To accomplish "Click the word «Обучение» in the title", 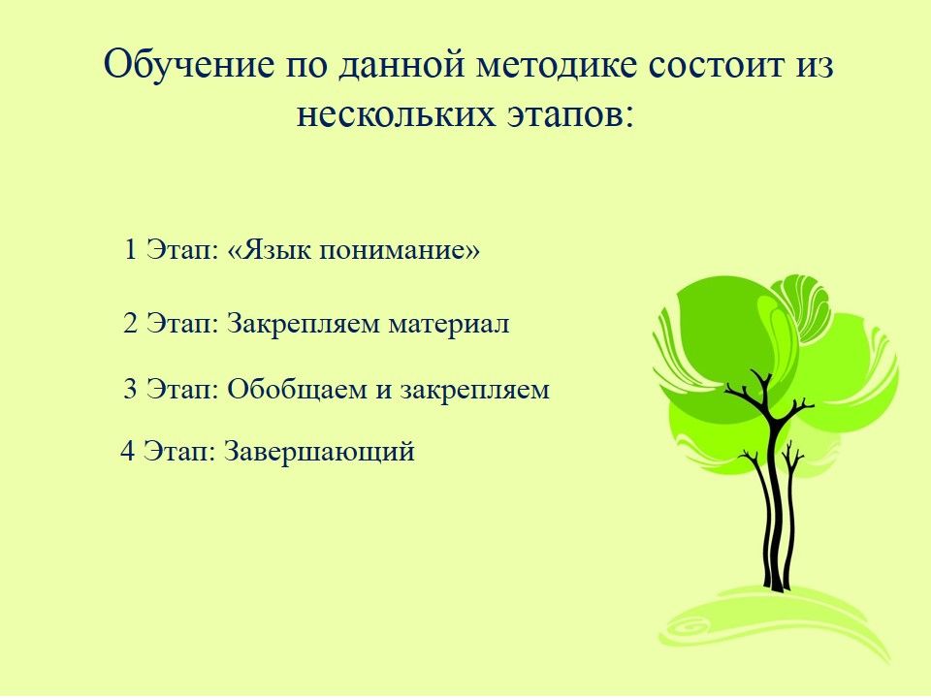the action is (x=189, y=64).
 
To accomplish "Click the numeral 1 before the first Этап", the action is (x=131, y=249).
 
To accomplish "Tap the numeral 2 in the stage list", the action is (x=131, y=324).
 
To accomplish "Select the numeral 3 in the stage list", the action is (x=131, y=389).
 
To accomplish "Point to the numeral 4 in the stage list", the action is (x=128, y=451).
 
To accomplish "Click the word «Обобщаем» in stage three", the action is (x=297, y=390).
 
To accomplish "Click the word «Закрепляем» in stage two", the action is (x=303, y=325).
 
